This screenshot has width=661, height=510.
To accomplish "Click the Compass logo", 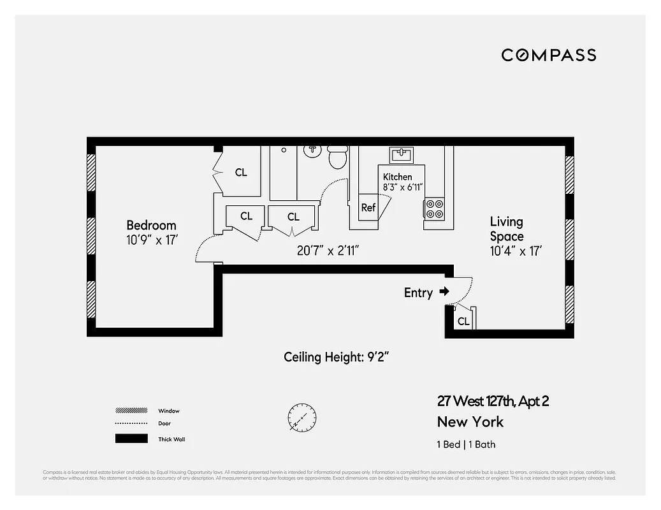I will (x=548, y=55).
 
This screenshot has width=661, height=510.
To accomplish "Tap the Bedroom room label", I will (x=151, y=225).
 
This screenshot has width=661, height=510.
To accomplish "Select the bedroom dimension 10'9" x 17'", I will (x=151, y=240).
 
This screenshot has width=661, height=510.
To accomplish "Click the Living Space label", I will (x=507, y=229).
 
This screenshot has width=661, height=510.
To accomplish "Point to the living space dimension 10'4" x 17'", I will (x=516, y=251).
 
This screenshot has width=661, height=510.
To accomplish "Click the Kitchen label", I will (x=397, y=177).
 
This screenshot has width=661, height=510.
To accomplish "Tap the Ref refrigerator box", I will (x=368, y=208).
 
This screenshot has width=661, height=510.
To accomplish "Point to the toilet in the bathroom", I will (x=337, y=156).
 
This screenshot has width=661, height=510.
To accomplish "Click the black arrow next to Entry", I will (x=444, y=292).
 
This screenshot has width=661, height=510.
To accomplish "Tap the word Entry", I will (x=418, y=293).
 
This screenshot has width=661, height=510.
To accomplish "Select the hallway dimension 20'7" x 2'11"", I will (x=328, y=251).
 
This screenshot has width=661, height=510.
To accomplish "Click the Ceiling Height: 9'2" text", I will (x=336, y=357).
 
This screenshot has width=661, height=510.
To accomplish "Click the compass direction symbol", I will (x=301, y=418).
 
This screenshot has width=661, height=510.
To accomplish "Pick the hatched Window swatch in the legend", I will (x=131, y=411).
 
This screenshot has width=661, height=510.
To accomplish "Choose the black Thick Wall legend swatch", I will (x=131, y=439).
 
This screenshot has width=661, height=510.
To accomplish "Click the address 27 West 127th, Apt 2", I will (x=493, y=401).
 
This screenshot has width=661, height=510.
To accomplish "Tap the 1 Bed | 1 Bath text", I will (x=466, y=444).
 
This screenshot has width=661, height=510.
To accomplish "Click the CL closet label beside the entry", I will (x=463, y=321).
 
